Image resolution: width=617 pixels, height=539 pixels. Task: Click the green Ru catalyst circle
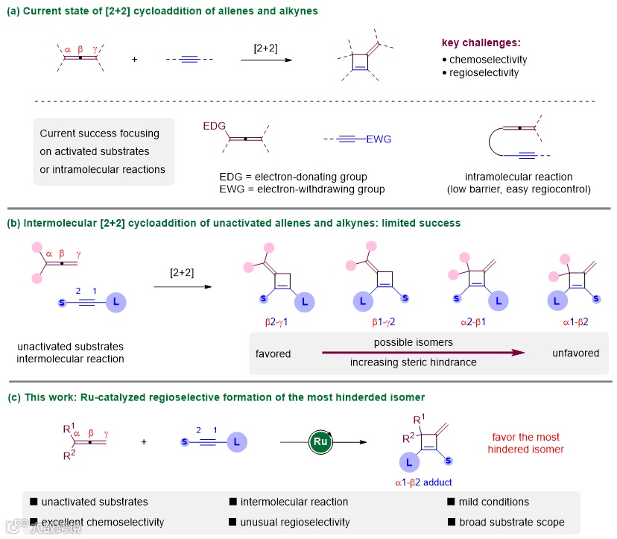(319, 442)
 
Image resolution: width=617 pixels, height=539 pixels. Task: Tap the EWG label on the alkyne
(378, 139)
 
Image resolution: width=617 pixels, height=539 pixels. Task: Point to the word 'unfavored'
(575, 353)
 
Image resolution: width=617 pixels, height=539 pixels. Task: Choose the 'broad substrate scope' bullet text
(513, 522)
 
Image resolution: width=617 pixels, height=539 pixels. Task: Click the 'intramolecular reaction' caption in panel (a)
(519, 177)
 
